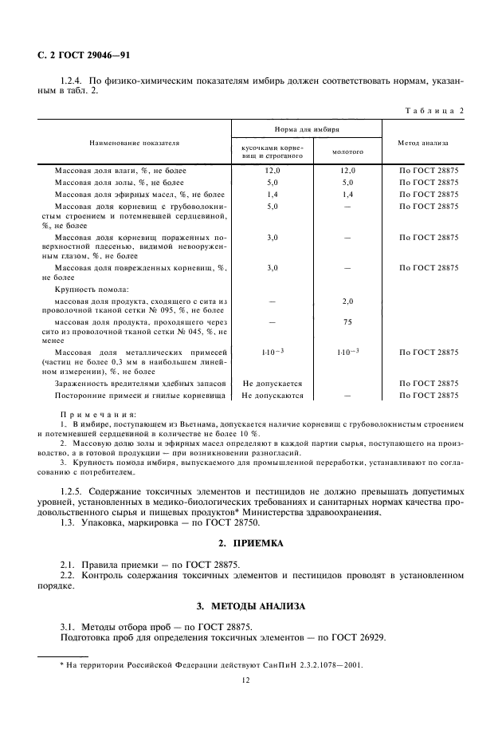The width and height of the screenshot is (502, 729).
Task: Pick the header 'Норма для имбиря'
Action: tap(307, 128)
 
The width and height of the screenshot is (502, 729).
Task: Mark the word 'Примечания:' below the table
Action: tap(98, 416)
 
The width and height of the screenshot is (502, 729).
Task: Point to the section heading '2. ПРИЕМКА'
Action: tap(250, 542)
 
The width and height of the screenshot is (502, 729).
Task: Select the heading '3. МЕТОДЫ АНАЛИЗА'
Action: tap(250, 606)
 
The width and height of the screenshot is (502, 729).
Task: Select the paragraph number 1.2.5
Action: tap(73, 491)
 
